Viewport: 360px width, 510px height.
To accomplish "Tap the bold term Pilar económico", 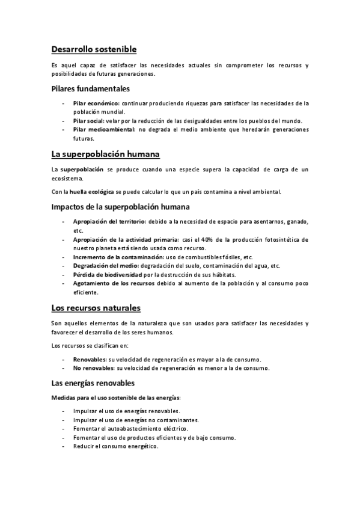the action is [x=96, y=103].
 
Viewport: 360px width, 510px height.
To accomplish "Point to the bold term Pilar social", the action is [x=88, y=120].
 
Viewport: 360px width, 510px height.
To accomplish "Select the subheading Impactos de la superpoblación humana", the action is [x=120, y=207].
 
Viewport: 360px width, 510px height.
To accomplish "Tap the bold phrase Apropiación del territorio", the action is [x=105, y=222].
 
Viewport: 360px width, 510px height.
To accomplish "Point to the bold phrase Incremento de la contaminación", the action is [x=113, y=257].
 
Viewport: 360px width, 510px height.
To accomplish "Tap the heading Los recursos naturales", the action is [x=96, y=308].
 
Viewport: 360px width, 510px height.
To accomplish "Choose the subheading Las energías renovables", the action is [x=93, y=383].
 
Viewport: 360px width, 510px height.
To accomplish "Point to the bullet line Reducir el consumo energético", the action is [x=115, y=446].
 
